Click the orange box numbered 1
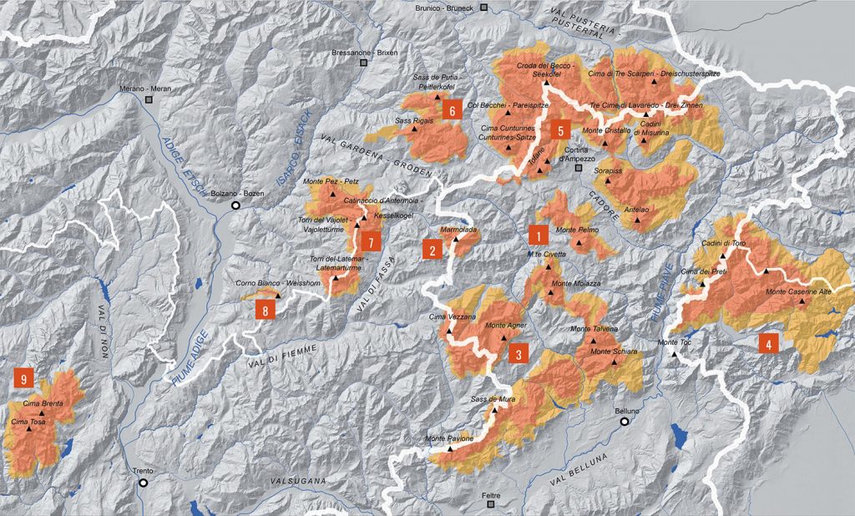[x=539, y=233]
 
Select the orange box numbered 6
[x=452, y=110]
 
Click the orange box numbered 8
[x=266, y=310]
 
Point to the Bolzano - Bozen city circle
[x=235, y=205]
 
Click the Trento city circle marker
[x=143, y=482]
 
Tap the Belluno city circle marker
[x=625, y=422]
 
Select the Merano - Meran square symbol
[x=149, y=99]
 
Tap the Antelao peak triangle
[x=637, y=220]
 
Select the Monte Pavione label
[x=450, y=439]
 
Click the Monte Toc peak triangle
[x=674, y=353]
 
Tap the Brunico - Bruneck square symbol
[x=483, y=8]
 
